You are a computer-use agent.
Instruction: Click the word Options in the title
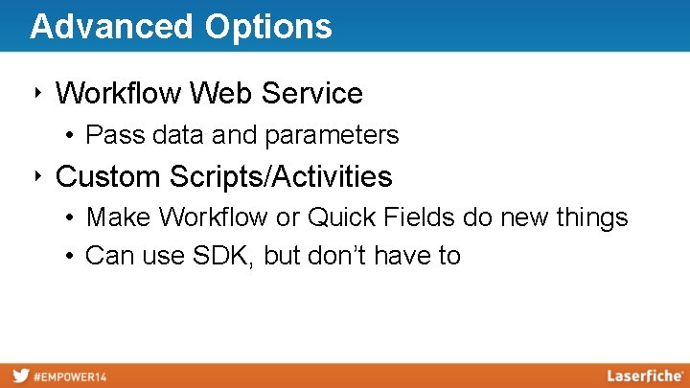(x=267, y=26)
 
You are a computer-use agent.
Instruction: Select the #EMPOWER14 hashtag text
(x=72, y=377)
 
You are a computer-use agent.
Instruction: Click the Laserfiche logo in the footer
(x=644, y=376)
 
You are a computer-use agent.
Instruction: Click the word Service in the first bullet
(x=311, y=94)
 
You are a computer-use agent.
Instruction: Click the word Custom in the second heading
(x=108, y=177)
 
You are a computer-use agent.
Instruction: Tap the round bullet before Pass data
(x=73, y=136)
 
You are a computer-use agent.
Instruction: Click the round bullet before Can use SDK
(x=73, y=257)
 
